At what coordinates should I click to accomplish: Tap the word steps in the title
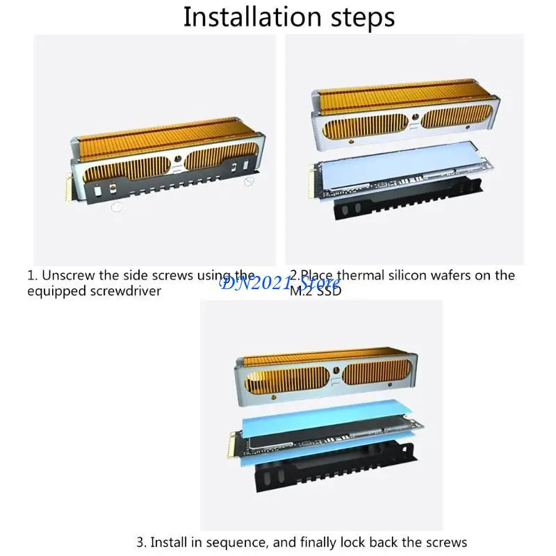[x=362, y=18]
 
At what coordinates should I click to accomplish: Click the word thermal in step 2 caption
[x=359, y=275]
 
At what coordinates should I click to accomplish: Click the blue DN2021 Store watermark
[x=279, y=284]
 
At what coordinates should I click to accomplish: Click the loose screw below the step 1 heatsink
[x=117, y=206]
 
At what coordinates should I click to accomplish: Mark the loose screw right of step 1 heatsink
[x=250, y=182]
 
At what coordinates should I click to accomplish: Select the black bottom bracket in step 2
[x=408, y=199]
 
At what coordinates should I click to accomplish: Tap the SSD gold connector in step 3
[x=234, y=442]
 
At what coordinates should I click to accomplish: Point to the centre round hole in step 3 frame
[x=336, y=371]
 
